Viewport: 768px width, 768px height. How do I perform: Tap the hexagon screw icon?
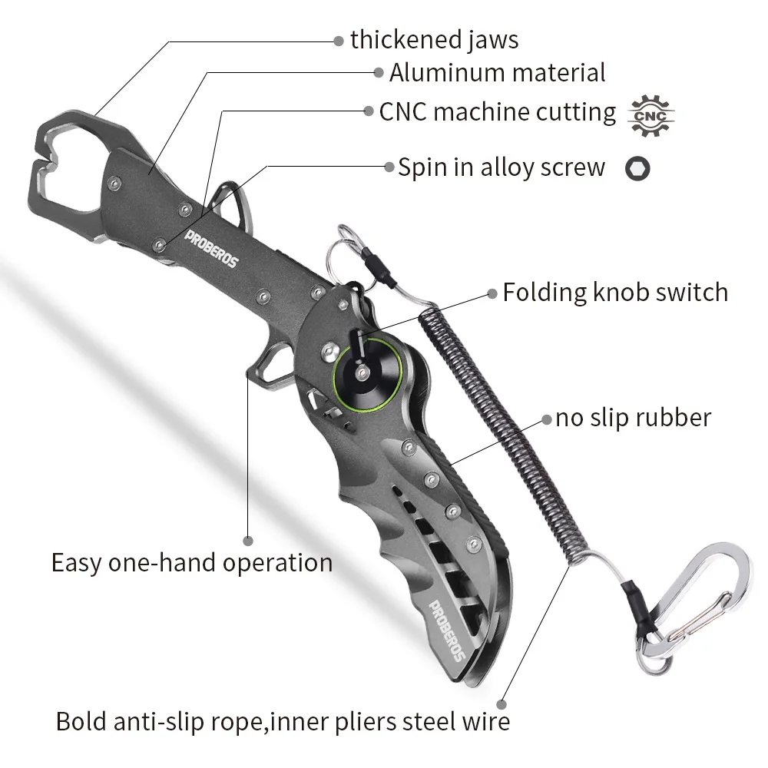(x=637, y=168)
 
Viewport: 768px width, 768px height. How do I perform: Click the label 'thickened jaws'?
(x=434, y=40)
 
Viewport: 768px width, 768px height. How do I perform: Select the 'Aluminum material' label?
(x=497, y=73)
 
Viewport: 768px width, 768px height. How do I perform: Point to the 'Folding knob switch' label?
(x=615, y=293)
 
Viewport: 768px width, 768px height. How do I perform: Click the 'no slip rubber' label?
(x=633, y=418)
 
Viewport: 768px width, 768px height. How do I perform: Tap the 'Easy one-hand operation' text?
(x=192, y=563)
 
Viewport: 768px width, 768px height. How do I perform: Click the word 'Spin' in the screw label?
(x=421, y=168)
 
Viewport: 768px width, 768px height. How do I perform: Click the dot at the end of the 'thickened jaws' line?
(x=339, y=41)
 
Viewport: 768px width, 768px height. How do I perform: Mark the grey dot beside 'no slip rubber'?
(x=547, y=419)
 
